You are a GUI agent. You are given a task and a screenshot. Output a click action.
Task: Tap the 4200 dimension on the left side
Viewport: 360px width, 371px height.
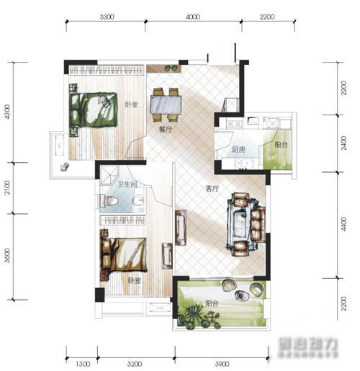click(6, 113)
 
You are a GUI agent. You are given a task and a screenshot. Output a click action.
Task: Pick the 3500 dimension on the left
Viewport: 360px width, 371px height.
click(6, 256)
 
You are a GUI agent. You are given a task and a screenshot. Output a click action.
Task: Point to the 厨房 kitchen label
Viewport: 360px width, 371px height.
click(238, 151)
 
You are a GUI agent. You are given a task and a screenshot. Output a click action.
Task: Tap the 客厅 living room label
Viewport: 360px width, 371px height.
click(212, 189)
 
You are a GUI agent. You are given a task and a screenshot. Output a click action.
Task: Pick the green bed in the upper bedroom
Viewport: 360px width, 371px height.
click(94, 109)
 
